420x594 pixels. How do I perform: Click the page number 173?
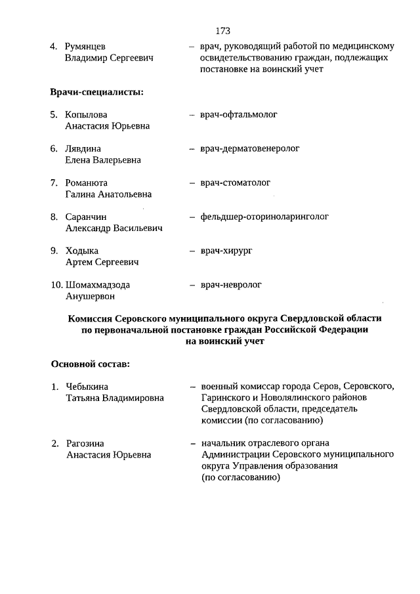click(x=222, y=31)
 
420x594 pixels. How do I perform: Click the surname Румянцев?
click(x=85, y=47)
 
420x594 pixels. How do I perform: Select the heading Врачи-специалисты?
click(x=97, y=92)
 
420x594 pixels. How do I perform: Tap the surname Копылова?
click(x=87, y=115)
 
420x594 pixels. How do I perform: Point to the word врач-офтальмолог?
click(x=239, y=115)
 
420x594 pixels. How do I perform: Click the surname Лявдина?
click(x=83, y=149)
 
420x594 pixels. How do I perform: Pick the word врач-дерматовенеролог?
click(x=250, y=149)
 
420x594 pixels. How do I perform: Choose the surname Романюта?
click(x=87, y=183)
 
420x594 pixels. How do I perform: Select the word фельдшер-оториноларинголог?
click(x=264, y=217)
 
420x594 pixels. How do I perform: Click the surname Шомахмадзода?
click(x=98, y=286)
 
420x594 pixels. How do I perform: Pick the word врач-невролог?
click(x=231, y=286)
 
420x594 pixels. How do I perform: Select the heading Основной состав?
click(x=90, y=364)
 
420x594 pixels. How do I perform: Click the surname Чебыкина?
click(x=87, y=387)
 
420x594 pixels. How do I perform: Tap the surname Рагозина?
click(x=85, y=444)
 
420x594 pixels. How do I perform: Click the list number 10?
click(x=56, y=286)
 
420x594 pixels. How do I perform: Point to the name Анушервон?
click(x=90, y=297)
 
